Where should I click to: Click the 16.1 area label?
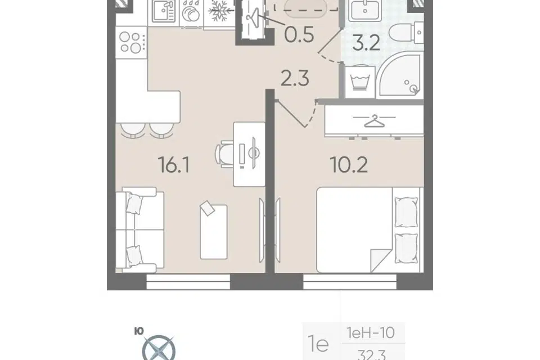pos(174,165)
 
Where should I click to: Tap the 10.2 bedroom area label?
pos(349,165)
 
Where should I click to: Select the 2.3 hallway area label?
pos(295,78)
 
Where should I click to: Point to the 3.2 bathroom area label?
pos(366,43)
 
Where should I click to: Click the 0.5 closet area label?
pos(299,34)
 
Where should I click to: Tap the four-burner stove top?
pos(132,42)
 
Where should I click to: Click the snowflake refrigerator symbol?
pos(218,13)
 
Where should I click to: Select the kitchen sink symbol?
pos(164,13)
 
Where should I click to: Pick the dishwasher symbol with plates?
pos(191,13)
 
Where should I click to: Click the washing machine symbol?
pos(360,82)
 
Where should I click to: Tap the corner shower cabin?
pos(399,80)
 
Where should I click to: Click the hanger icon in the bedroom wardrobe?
pos(375,121)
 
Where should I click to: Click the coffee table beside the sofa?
pos(214,232)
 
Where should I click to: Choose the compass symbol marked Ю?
pos(159,348)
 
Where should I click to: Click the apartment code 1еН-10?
pos(371,333)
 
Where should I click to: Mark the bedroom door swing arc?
pos(312,114)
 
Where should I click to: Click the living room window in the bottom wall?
pos(188,282)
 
